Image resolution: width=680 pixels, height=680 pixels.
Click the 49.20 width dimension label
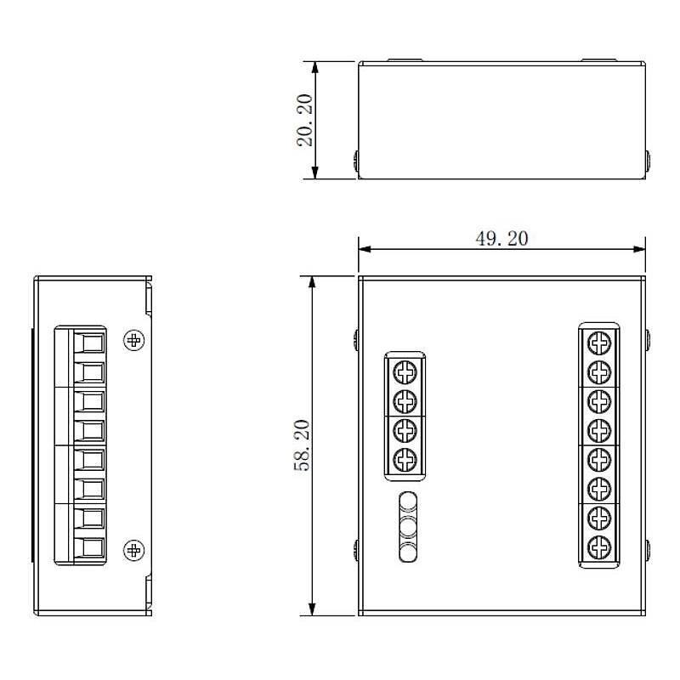501,239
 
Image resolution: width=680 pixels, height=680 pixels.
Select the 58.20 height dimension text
303,445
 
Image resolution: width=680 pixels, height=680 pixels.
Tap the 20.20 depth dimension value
303,120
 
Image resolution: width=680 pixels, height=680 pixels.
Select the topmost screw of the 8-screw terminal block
600,343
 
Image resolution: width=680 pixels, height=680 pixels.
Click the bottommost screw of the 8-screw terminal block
600,546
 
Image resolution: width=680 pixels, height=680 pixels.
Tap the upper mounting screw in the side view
133,341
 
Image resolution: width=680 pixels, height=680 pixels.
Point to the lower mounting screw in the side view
133,550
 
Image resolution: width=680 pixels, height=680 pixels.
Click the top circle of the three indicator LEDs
408,501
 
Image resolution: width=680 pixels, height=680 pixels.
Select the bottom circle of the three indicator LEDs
408,552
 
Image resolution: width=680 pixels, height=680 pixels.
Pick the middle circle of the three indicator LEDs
408,527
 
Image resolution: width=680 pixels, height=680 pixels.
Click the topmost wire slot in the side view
89,343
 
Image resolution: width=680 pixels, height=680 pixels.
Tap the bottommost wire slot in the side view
89,548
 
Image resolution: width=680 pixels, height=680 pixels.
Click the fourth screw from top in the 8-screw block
600,429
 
